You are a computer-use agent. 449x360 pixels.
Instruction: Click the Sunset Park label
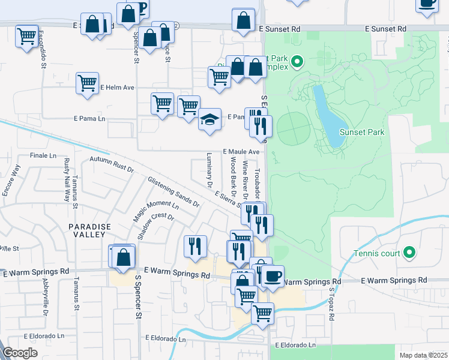point(360,132)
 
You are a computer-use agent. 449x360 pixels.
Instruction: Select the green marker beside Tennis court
point(409,253)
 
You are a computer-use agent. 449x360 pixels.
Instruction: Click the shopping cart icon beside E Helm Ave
point(88,83)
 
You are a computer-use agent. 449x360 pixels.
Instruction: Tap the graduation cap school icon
point(210,119)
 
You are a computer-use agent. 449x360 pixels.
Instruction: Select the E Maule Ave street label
point(241,152)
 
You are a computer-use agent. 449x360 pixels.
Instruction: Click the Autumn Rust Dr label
point(111,165)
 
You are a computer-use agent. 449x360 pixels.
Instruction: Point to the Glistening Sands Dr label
point(173,191)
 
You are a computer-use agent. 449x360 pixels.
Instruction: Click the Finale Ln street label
point(43,155)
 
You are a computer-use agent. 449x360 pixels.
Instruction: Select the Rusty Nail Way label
point(67,175)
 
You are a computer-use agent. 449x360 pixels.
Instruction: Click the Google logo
point(20,353)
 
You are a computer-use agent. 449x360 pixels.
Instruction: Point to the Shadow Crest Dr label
point(154,227)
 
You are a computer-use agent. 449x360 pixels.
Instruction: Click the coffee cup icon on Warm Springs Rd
point(273,277)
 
